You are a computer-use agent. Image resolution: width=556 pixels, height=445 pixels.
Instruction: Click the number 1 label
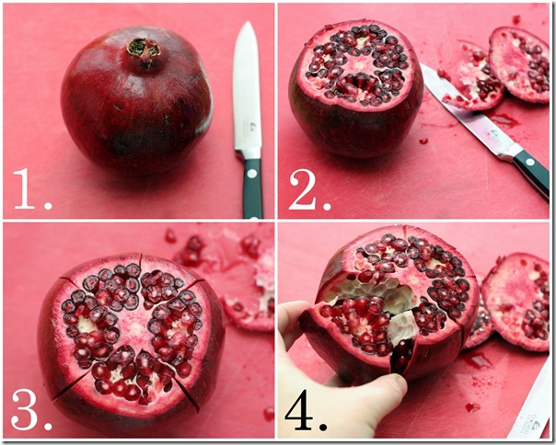(x=32, y=188)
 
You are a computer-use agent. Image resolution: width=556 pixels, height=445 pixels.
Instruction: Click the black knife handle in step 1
(x=252, y=188)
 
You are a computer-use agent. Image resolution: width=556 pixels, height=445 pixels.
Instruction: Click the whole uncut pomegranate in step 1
(x=136, y=101)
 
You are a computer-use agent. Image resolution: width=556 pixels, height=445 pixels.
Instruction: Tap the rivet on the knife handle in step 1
(x=252, y=174)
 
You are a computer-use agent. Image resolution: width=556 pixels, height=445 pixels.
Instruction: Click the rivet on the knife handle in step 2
(x=529, y=162)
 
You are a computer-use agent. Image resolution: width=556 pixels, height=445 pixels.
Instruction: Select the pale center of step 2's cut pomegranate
(x=359, y=63)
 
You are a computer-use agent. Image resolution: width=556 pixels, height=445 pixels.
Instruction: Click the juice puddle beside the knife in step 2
(x=505, y=120)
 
